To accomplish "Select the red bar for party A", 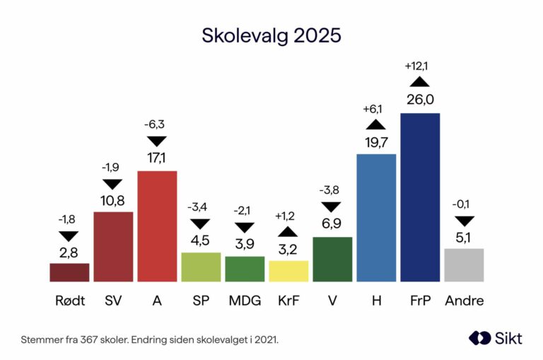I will pyautogui.click(x=157, y=226).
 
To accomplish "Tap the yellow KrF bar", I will pyautogui.click(x=288, y=271).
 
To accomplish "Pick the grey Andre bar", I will pyautogui.click(x=464, y=265).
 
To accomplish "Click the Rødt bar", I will pyautogui.click(x=69, y=272).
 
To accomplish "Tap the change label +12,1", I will pyautogui.click(x=420, y=66).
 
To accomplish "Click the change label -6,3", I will pyautogui.click(x=157, y=124).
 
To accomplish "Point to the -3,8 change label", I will pyautogui.click(x=332, y=190).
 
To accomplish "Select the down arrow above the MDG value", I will pyautogui.click(x=245, y=228).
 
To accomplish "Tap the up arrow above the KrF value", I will pyautogui.click(x=288, y=231).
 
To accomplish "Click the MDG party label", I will pyautogui.click(x=245, y=301).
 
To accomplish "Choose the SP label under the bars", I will pyautogui.click(x=201, y=301).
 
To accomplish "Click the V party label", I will pyautogui.click(x=332, y=301).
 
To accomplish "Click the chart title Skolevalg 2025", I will pyautogui.click(x=271, y=35).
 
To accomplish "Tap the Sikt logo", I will pyautogui.click(x=495, y=338).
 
